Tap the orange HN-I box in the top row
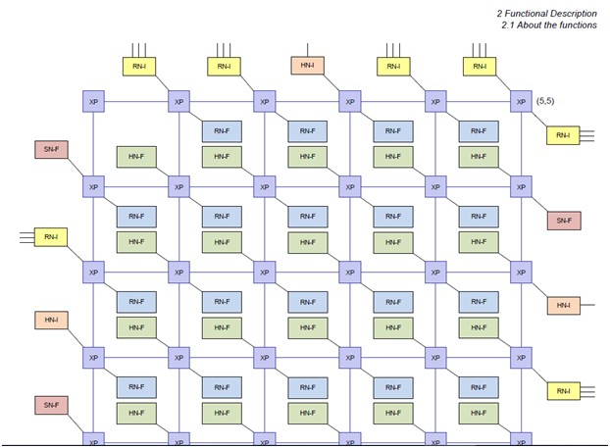[x=307, y=66]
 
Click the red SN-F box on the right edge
[x=564, y=221]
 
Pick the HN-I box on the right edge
[x=564, y=306]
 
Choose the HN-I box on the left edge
[x=50, y=321]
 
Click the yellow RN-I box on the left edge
[x=50, y=236]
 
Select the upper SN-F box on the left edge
[x=50, y=149]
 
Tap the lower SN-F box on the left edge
[x=50, y=405]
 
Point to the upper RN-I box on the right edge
[x=563, y=135]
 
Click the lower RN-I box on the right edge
[x=563, y=391]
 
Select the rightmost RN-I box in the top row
[x=479, y=66]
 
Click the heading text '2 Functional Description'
[x=547, y=13]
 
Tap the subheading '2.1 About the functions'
[x=549, y=25]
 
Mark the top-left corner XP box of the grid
[x=93, y=101]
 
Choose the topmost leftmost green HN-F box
[x=135, y=156]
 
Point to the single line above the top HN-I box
[x=307, y=49]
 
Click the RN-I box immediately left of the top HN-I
[x=223, y=66]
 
